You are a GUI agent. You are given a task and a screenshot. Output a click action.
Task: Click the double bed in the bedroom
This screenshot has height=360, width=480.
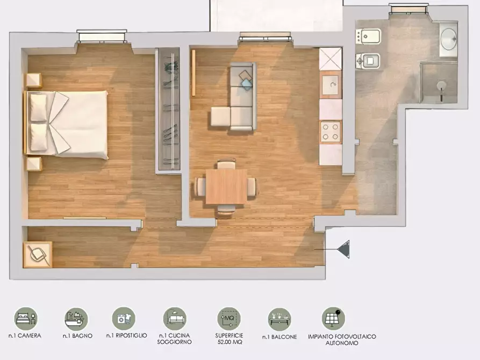pyautogui.click(x=66, y=124)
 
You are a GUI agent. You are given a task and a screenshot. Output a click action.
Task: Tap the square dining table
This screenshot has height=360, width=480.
pyautogui.click(x=226, y=186)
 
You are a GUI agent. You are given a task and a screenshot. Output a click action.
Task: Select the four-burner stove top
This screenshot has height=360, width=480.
pyautogui.click(x=331, y=132)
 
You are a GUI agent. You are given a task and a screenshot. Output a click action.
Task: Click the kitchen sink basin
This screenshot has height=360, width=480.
pyautogui.click(x=331, y=85)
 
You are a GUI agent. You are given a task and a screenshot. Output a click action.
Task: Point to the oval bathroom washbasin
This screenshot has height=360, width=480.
pyautogui.click(x=448, y=39)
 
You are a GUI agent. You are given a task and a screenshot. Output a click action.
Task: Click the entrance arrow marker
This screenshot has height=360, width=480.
pyautogui.click(x=343, y=249)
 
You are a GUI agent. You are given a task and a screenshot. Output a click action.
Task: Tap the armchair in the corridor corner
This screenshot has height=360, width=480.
pyautogui.click(x=38, y=254)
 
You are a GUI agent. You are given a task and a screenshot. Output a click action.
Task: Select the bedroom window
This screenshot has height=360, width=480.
pyautogui.click(x=102, y=36)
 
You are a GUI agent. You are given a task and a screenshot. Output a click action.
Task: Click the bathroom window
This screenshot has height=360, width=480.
pyautogui.click(x=409, y=8)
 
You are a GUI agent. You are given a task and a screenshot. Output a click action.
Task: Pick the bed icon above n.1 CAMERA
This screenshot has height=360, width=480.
pyautogui.click(x=26, y=319)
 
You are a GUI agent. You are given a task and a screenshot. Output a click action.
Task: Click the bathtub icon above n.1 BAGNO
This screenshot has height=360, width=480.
pyautogui.click(x=76, y=319)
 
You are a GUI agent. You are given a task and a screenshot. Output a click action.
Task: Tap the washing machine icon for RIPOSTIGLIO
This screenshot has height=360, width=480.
pyautogui.click(x=124, y=319)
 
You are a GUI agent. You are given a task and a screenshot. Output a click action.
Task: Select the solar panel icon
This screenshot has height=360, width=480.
pyautogui.click(x=333, y=319)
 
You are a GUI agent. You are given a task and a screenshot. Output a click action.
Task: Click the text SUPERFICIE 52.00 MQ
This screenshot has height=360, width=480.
pyautogui.click(x=230, y=339)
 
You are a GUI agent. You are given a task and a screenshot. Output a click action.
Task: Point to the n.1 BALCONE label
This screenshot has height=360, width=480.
pyautogui.click(x=280, y=337)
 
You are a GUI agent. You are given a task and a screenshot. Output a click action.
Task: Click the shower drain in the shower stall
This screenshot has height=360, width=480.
pyautogui.click(x=441, y=85)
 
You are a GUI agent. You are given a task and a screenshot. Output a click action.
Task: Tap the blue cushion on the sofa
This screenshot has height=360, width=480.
pyautogui.click(x=247, y=84)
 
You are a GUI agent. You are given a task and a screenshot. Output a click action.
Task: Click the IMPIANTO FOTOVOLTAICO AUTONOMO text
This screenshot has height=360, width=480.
pyautogui.click(x=342, y=340)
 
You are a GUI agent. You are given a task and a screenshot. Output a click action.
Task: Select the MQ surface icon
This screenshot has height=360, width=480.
pyautogui.click(x=229, y=319)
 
